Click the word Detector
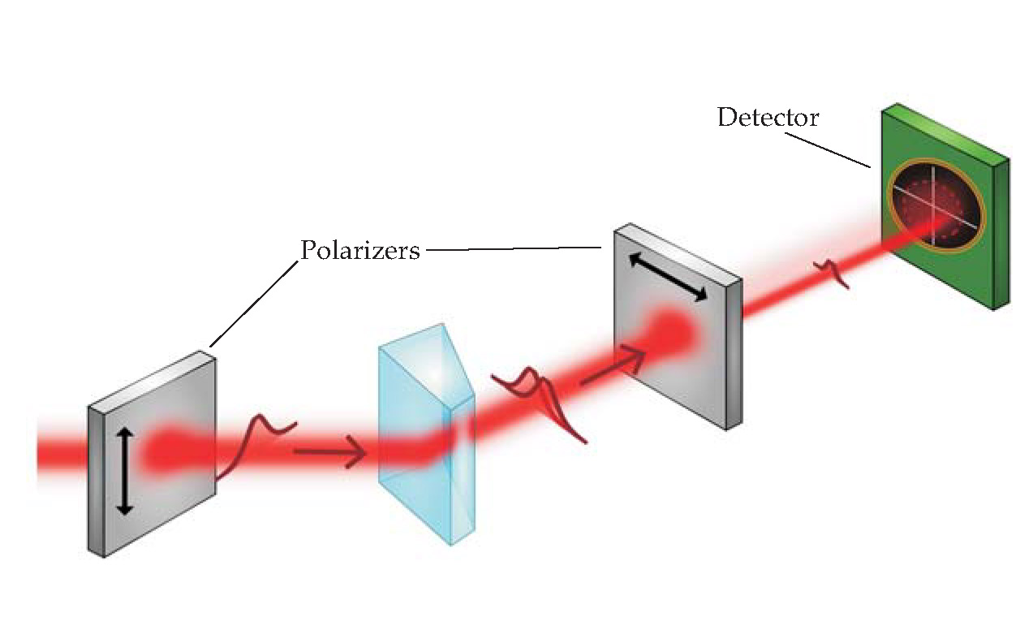coord(768,118)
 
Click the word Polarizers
coord(360,250)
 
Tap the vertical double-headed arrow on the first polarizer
coord(123,472)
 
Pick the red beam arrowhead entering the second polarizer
coord(637,351)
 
